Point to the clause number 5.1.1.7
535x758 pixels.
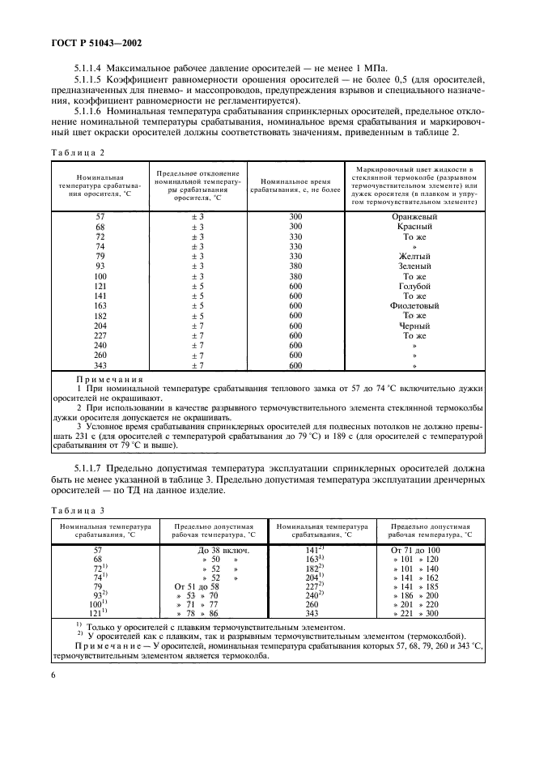tap(91, 468)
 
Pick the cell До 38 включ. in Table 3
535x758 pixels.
tap(211, 550)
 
